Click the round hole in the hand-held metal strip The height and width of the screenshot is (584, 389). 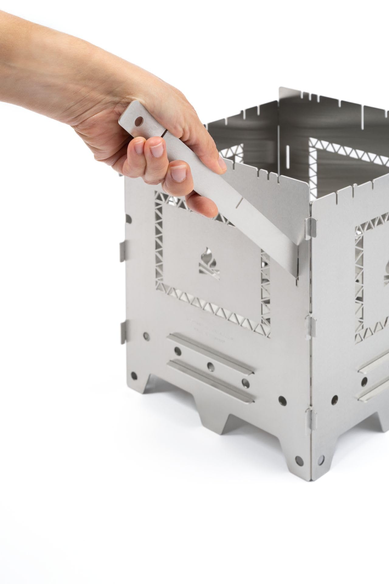139,121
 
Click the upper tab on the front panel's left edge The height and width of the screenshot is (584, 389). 122,251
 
